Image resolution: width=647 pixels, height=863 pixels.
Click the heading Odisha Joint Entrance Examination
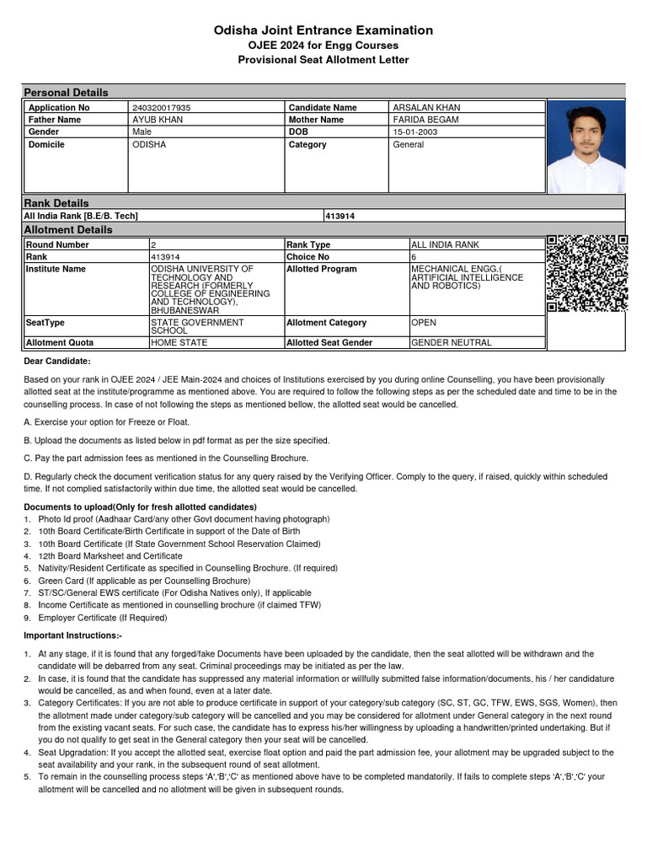pos(323,30)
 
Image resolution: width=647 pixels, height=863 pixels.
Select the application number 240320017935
pos(162,108)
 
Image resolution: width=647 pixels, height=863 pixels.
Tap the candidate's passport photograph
pos(586,147)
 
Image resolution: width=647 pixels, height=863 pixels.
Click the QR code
pos(586,274)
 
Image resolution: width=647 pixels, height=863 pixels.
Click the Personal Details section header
pos(66,92)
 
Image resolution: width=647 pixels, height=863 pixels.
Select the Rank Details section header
pos(56,203)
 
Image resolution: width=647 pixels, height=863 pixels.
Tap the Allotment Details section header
pos(67,229)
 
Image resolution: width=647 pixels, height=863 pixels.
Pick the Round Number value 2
pos(153,244)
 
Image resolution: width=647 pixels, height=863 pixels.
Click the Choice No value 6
pos(414,256)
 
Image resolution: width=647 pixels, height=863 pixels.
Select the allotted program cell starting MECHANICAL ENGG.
pos(466,277)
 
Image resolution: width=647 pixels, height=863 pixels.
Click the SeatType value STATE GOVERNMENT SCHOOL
pos(196,327)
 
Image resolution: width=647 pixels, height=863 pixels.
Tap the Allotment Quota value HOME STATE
pos(179,343)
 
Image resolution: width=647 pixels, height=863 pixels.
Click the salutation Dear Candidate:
pos(56,361)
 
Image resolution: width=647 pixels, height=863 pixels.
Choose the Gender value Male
pos(142,132)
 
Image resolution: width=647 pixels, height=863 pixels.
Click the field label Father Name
pos(56,120)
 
